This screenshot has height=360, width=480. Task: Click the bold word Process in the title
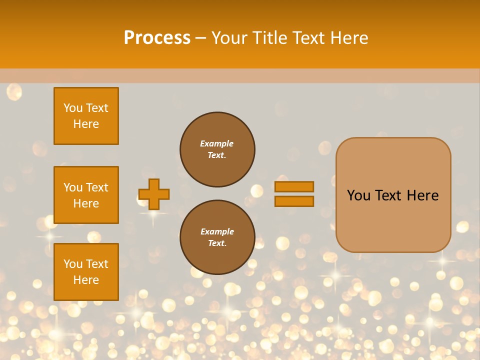pos(157,38)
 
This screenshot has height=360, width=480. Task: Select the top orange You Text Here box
pos(86,116)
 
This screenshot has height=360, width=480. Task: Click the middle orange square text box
pos(86,195)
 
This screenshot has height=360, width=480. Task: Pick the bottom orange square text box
pos(86,272)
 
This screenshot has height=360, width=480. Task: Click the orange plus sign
pos(154,194)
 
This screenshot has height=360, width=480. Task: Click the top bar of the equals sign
pos(294,187)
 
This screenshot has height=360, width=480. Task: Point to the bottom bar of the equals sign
pos(294,201)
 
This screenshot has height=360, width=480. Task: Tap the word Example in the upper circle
pos(217,143)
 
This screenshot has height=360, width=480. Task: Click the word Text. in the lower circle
pos(217,243)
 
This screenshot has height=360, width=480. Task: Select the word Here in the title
pos(348,38)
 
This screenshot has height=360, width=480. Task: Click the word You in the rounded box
pos(358,195)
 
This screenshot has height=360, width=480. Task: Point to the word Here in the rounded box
pos(422,195)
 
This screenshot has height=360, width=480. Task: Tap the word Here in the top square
pos(86,124)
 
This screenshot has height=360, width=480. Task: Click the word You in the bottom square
pos(73,264)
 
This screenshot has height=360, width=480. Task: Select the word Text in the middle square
pos(96,187)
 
